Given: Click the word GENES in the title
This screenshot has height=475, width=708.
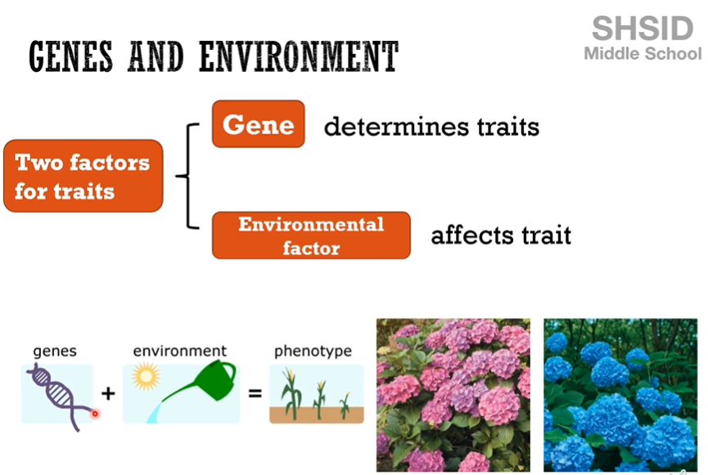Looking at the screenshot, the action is pyautogui.click(x=71, y=56).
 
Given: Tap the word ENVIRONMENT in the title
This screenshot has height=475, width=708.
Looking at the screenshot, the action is pyautogui.click(x=299, y=56).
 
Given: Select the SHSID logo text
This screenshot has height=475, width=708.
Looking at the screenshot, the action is pyautogui.click(x=643, y=29).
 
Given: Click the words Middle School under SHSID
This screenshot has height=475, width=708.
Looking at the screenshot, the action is pyautogui.click(x=643, y=54).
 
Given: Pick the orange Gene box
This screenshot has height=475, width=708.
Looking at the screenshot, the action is pyautogui.click(x=259, y=124).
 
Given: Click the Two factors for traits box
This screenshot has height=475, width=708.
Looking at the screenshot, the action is pyautogui.click(x=83, y=176).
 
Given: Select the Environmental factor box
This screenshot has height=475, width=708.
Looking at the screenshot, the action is pyautogui.click(x=311, y=235).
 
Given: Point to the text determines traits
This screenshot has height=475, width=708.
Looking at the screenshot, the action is pyautogui.click(x=431, y=127).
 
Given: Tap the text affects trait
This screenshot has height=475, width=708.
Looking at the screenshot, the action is pyautogui.click(x=501, y=235).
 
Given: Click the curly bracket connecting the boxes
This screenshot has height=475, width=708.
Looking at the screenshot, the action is pyautogui.click(x=188, y=176).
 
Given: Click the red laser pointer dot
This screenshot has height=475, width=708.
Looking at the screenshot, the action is pyautogui.click(x=95, y=414).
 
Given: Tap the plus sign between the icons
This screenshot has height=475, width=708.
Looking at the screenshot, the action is pyautogui.click(x=108, y=393).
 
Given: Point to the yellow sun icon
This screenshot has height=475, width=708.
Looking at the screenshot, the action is pyautogui.click(x=147, y=377).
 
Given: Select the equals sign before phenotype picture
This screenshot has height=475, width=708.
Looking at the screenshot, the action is pyautogui.click(x=255, y=393).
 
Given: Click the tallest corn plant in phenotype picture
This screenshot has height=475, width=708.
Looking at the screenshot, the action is pyautogui.click(x=291, y=394).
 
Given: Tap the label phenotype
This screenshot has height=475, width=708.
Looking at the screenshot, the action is pyautogui.click(x=313, y=351).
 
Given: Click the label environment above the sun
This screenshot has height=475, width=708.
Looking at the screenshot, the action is pyautogui.click(x=180, y=351).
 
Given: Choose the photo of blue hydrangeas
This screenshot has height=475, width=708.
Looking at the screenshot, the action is pyautogui.click(x=620, y=395).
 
